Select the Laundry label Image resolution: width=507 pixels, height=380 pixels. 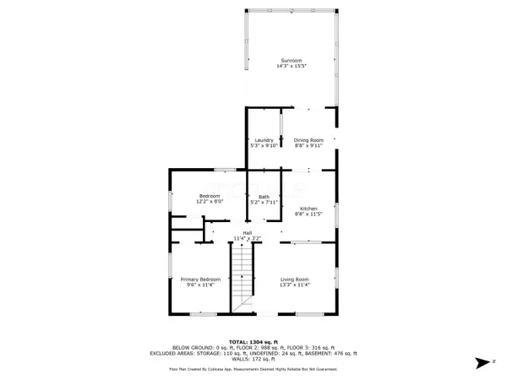click(x=261, y=140)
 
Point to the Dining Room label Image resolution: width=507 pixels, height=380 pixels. click(x=308, y=140)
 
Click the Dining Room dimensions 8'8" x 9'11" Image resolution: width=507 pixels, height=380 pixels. click(x=308, y=146)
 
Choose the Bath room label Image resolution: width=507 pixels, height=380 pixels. click(x=264, y=197)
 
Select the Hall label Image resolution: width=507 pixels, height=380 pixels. click(x=248, y=233)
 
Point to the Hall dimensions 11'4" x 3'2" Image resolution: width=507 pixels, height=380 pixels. click(x=248, y=239)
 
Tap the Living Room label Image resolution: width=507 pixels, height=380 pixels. click(x=295, y=280)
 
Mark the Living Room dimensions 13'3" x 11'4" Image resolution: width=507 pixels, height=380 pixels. click(x=295, y=285)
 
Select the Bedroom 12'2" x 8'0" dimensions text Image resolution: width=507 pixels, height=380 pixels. click(x=210, y=201)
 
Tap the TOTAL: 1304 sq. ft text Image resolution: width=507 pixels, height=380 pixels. click(x=253, y=339)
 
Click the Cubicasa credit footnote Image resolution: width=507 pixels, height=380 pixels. click(x=253, y=370)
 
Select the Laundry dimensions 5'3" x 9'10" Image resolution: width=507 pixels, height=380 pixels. click(x=261, y=146)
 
